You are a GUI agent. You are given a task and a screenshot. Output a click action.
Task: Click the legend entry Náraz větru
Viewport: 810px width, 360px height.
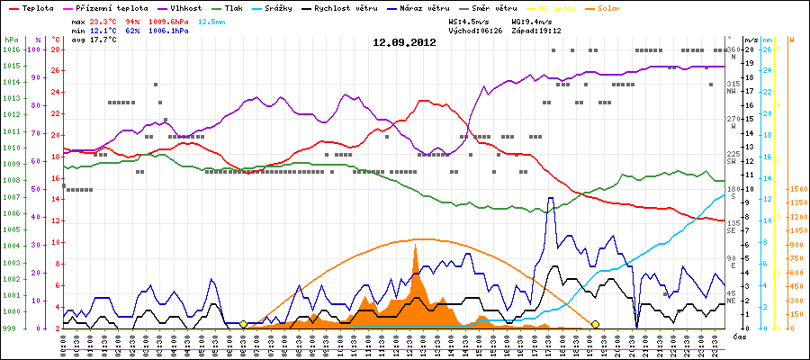(x=424, y=7)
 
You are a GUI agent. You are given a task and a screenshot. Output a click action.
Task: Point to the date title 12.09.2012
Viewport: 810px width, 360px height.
(x=405, y=42)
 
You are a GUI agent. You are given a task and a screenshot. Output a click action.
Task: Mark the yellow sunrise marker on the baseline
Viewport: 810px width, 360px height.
(x=244, y=324)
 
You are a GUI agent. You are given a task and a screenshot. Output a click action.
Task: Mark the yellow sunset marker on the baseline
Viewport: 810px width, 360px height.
(x=595, y=324)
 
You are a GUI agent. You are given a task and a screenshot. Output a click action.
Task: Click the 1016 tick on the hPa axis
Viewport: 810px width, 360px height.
(x=11, y=49)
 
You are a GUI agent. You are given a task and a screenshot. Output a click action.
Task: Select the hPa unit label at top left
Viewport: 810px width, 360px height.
(x=11, y=40)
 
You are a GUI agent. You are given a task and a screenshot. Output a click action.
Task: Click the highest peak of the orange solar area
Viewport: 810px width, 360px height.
(x=415, y=246)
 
